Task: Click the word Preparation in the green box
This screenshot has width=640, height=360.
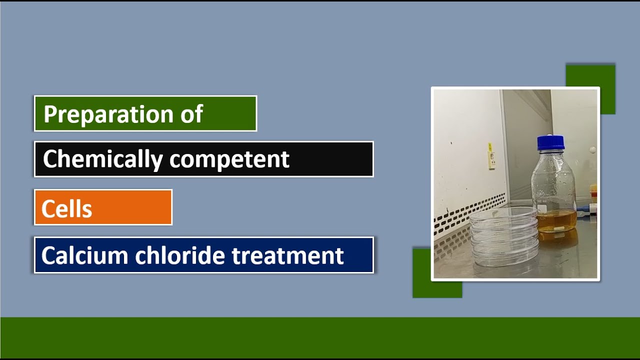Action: (x=104, y=114)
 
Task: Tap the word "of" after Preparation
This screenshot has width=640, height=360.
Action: (x=191, y=114)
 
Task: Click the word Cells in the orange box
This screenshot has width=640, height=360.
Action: (x=66, y=208)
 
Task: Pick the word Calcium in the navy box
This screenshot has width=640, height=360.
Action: (x=84, y=255)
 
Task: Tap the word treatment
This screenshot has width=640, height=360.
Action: (x=287, y=255)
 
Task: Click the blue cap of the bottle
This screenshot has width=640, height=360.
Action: (x=550, y=142)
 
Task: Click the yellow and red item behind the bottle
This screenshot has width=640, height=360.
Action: (x=593, y=193)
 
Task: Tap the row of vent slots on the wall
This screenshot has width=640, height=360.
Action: (x=470, y=215)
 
